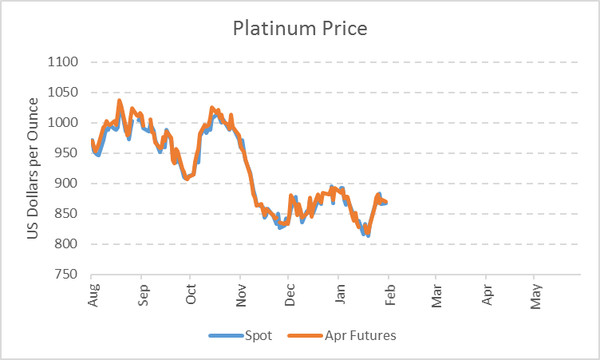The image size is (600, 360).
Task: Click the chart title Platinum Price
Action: [x=300, y=29]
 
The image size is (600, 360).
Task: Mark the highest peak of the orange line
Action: [x=120, y=101]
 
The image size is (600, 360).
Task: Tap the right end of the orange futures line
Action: [x=387, y=202]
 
